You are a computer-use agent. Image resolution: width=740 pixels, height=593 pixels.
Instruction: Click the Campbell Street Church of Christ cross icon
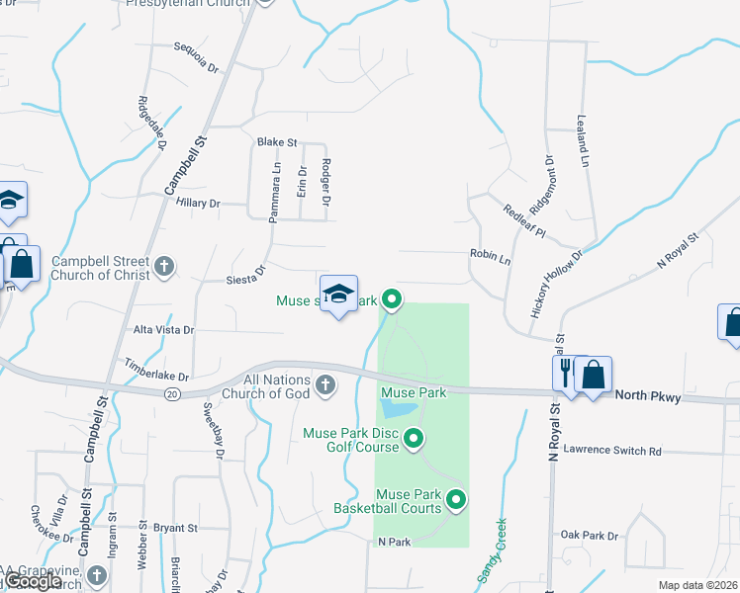click(x=164, y=265)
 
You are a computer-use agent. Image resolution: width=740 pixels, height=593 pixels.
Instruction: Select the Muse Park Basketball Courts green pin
click(x=456, y=501)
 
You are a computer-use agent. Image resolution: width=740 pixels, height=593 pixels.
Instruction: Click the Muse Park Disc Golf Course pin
click(x=415, y=439)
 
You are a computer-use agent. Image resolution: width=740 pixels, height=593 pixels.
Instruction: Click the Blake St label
click(x=277, y=142)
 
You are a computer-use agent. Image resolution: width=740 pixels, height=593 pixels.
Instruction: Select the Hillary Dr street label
click(x=197, y=203)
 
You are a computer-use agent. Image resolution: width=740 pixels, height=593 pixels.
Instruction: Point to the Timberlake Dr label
click(x=155, y=368)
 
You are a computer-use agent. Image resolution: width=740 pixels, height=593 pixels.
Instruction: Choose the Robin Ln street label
click(x=490, y=255)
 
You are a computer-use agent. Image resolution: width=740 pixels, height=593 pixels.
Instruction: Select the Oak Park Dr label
click(x=589, y=535)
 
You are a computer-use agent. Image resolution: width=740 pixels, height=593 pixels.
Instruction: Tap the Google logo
click(x=34, y=581)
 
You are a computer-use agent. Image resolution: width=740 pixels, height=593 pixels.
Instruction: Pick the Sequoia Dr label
click(x=195, y=56)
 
